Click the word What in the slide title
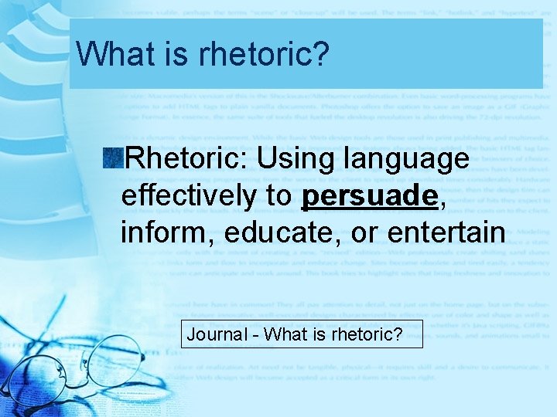(x=112, y=53)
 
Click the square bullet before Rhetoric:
(x=114, y=159)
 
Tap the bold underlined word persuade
(x=369, y=197)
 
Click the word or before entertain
(x=362, y=233)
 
